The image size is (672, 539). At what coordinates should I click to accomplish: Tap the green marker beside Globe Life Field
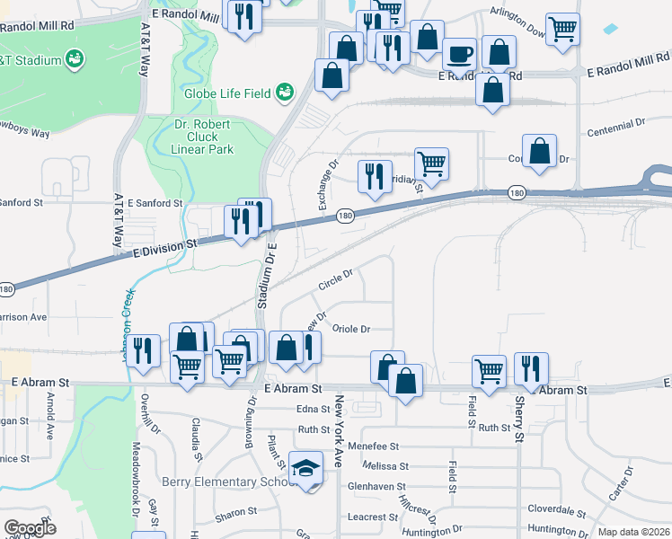click(x=286, y=92)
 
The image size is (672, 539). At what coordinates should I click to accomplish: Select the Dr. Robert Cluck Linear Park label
click(x=202, y=136)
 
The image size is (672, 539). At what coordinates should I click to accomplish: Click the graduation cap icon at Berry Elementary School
click(x=307, y=468)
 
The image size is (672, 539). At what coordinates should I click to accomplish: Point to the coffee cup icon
click(x=460, y=54)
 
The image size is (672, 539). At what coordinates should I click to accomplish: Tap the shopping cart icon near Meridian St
click(x=431, y=163)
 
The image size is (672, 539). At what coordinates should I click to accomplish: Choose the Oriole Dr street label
click(x=351, y=330)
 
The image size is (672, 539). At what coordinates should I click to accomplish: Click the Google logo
click(x=30, y=528)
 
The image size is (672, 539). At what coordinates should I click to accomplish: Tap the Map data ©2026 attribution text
click(x=633, y=532)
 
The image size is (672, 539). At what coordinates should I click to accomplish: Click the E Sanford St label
click(x=155, y=203)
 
